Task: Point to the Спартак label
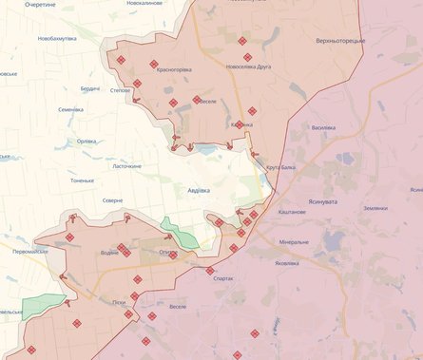point(225,278)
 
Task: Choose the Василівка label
point(323,126)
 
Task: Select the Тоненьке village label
point(82,180)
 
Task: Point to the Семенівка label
point(70,109)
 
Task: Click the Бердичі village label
point(89,88)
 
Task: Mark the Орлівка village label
point(87,142)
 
